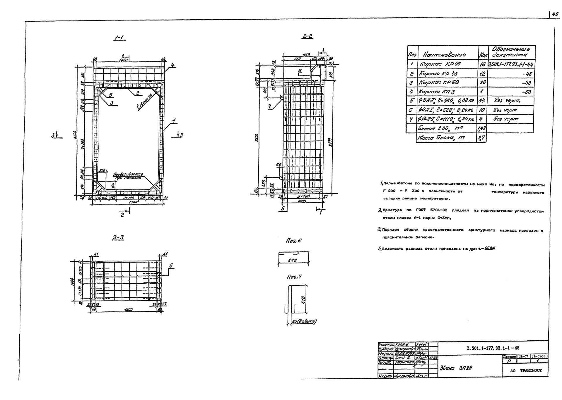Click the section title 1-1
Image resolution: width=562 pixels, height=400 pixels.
click(119, 37)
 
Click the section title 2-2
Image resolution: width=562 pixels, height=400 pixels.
click(307, 36)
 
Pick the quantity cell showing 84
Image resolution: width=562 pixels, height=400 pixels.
click(482, 101)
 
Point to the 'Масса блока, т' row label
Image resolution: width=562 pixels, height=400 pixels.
click(442, 138)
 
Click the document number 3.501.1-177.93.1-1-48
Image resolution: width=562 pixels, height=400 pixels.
click(493, 348)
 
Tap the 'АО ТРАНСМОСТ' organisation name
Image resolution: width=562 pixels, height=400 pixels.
click(526, 370)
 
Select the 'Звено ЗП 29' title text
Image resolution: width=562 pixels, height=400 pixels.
click(455, 368)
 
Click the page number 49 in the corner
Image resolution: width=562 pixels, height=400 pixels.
click(555, 14)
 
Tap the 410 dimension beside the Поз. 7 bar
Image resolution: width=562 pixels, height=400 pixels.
click(303, 300)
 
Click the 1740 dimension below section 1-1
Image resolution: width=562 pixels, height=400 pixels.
click(128, 202)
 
